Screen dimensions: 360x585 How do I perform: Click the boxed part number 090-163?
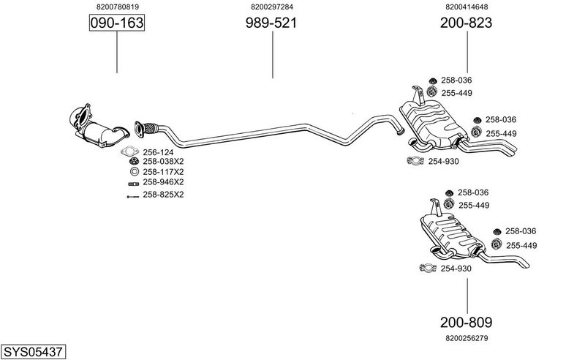tap(117, 23)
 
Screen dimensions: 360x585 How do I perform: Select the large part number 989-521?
tap(271, 23)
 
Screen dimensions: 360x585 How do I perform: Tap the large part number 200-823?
tap(466, 23)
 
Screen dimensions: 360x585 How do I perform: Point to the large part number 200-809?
tap(466, 322)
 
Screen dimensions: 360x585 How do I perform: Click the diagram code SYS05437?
tap(33, 352)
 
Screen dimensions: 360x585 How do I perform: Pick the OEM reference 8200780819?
tap(117, 7)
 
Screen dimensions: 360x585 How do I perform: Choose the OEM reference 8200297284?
tap(271, 7)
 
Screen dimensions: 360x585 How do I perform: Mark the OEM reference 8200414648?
tap(466, 7)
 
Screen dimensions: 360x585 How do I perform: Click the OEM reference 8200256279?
tap(466, 338)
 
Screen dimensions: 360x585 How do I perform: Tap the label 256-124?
tap(159, 152)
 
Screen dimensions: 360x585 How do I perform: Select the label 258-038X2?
tap(163, 162)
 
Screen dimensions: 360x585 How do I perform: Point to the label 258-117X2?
tap(163, 172)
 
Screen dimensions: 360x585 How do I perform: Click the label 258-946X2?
tap(163, 182)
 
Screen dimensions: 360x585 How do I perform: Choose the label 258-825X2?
tap(163, 195)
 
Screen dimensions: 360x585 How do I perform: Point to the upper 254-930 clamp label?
tap(443, 162)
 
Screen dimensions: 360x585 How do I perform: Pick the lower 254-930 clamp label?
tap(456, 269)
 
